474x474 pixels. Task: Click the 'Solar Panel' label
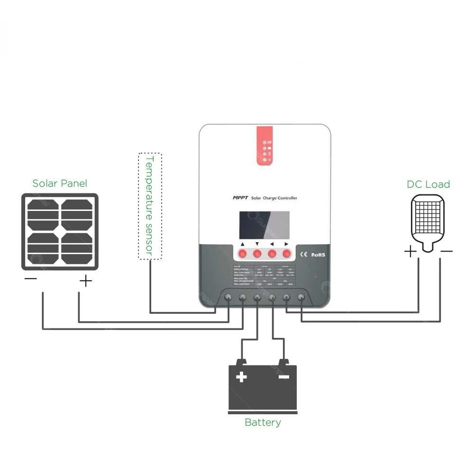click(60, 183)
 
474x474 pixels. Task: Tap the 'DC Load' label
click(428, 184)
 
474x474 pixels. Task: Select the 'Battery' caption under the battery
click(263, 422)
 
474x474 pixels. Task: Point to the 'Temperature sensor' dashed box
click(150, 206)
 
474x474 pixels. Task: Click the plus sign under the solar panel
click(85, 282)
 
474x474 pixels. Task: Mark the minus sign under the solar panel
click(30, 279)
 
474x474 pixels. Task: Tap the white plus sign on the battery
click(242, 377)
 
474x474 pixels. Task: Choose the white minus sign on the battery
click(283, 377)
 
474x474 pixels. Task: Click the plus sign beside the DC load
click(410, 252)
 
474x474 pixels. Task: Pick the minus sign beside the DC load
click(446, 251)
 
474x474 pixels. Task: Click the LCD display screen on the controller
click(265, 225)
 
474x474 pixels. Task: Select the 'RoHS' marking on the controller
click(318, 255)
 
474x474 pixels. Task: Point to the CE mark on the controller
click(305, 255)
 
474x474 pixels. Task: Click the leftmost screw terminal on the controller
click(228, 298)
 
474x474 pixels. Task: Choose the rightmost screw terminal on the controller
click(301, 298)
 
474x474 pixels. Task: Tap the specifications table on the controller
click(265, 275)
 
